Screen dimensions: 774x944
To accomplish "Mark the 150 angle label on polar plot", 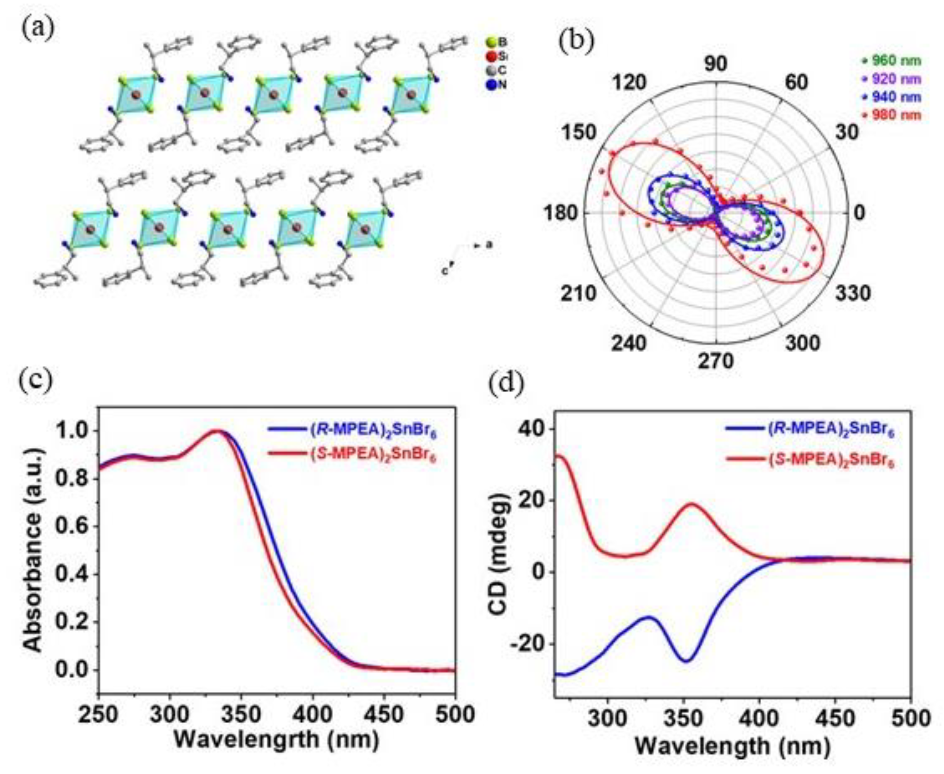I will click(578, 133).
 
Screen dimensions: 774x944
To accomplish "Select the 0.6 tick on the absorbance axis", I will click(73, 527).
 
